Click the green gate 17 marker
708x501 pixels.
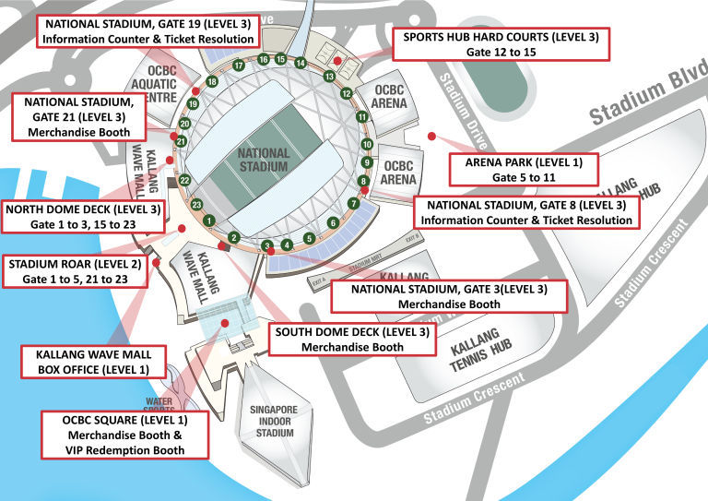[x=238, y=66]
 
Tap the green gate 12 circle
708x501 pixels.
[x=347, y=93]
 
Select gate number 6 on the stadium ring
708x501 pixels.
[x=333, y=222]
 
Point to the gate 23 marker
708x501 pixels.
[x=196, y=204]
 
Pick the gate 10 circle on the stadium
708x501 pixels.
[x=367, y=145]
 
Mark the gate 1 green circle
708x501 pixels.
[x=210, y=221]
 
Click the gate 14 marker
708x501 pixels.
[x=301, y=63]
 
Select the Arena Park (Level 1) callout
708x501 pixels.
[x=522, y=169]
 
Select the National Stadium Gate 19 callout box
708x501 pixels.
[x=148, y=30]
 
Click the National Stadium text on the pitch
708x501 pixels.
[x=264, y=159]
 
